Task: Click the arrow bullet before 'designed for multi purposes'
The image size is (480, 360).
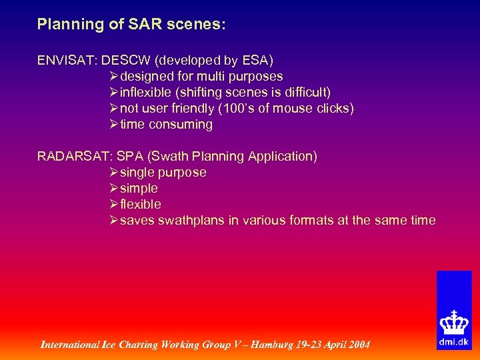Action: pos(114,77)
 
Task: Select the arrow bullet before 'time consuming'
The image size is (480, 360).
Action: pos(114,125)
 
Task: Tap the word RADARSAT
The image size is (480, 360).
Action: pos(73,157)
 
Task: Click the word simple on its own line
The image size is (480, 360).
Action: pos(139,189)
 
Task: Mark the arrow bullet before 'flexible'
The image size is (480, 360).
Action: pos(114,205)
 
